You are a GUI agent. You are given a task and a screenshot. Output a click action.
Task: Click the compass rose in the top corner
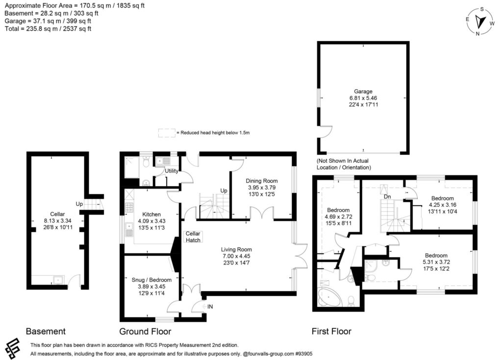(x=481, y=22)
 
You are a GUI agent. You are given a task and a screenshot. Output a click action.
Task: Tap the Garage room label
(x=363, y=91)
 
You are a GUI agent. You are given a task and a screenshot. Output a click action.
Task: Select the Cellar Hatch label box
(x=193, y=237)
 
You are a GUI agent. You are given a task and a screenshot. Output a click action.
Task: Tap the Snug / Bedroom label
(x=148, y=280)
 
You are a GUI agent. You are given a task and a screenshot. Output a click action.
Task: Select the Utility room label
(x=171, y=171)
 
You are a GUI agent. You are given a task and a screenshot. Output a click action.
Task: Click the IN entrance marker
(x=210, y=307)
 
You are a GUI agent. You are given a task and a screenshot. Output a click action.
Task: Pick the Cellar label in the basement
(x=57, y=214)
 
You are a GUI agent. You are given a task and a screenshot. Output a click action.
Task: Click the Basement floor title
(x=46, y=332)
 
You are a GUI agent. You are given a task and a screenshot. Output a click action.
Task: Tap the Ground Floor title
(x=145, y=332)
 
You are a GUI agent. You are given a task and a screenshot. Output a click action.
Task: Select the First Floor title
(x=331, y=332)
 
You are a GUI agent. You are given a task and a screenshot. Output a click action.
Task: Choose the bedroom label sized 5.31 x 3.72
(x=436, y=255)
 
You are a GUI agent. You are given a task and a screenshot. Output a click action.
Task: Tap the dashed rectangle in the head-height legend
(x=167, y=132)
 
